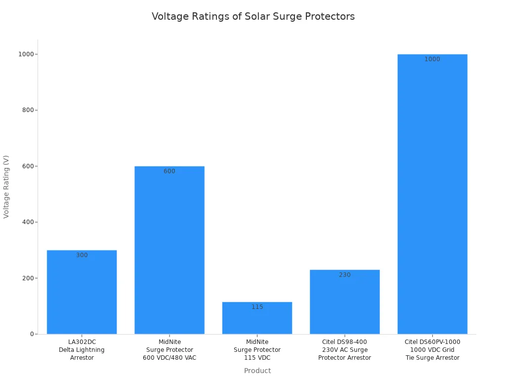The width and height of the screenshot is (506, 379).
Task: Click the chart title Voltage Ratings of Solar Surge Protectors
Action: [253, 16]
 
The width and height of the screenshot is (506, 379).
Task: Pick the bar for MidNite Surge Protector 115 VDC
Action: [257, 321]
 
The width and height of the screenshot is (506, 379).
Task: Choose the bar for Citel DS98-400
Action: [344, 303]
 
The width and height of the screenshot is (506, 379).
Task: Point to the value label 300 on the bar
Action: [82, 255]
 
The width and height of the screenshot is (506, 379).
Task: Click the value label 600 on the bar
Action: [169, 171]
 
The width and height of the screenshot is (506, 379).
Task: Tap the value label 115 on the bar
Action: [257, 307]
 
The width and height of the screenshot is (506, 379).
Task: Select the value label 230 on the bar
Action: [344, 275]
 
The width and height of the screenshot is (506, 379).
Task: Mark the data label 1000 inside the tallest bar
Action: [432, 59]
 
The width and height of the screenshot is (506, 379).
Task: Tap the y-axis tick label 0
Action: [31, 334]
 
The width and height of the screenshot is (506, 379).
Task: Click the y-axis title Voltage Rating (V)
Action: [6, 187]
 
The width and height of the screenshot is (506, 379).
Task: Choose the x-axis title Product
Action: [257, 371]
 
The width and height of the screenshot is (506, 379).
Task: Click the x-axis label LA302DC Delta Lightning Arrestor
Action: [82, 349]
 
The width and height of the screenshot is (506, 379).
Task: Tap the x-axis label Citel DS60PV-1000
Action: [432, 349]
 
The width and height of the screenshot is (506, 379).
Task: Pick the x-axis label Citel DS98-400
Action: [344, 349]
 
